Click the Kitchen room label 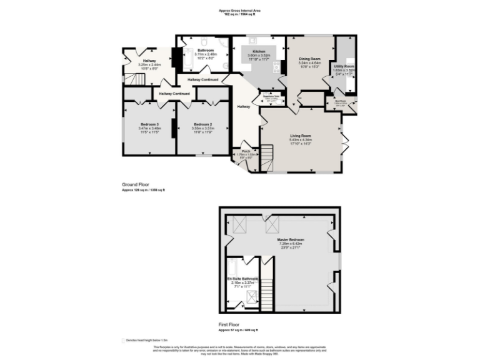(x=259, y=52)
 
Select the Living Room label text (x=300, y=136)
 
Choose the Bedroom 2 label (x=203, y=124)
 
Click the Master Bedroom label (x=291, y=239)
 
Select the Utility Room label (x=344, y=66)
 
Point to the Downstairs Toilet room (x=272, y=99)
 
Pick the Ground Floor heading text (x=136, y=185)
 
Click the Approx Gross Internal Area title (x=240, y=10)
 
